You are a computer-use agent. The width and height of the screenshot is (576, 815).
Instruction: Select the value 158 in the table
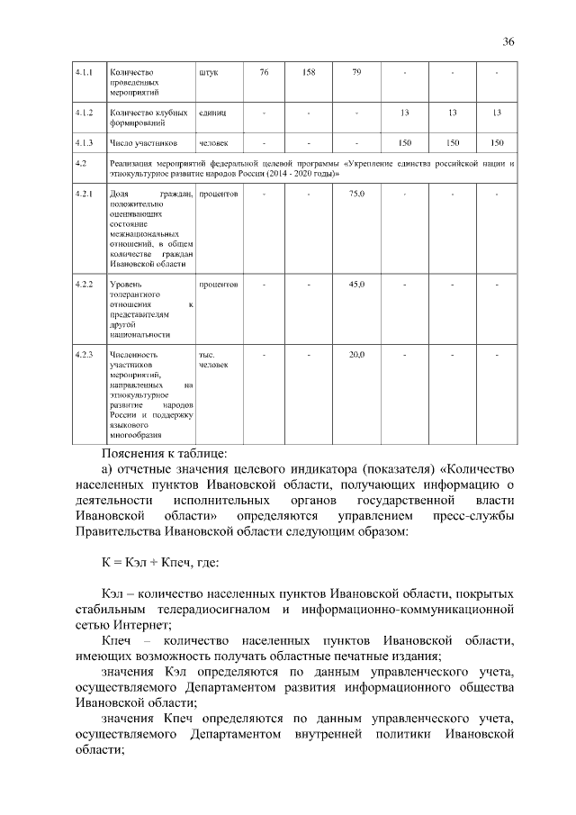coord(308,72)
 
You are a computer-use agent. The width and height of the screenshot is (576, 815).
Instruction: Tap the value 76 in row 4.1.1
coord(264,72)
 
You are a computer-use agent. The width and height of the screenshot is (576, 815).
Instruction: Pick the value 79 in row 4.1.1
coord(356,72)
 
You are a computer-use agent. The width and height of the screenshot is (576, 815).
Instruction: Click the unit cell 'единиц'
coord(212,113)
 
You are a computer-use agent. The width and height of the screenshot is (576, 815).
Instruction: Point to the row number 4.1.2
coord(85,113)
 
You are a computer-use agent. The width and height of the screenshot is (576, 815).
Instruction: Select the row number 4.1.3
coord(85,143)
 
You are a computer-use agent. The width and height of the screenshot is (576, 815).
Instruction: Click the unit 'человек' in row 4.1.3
coord(214,143)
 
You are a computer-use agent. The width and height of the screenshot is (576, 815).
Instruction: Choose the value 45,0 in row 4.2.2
coord(356,285)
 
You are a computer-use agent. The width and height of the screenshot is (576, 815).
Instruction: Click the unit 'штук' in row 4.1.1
coord(208,72)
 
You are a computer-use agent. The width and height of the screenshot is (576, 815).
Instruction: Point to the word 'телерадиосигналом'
coord(207,610)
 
